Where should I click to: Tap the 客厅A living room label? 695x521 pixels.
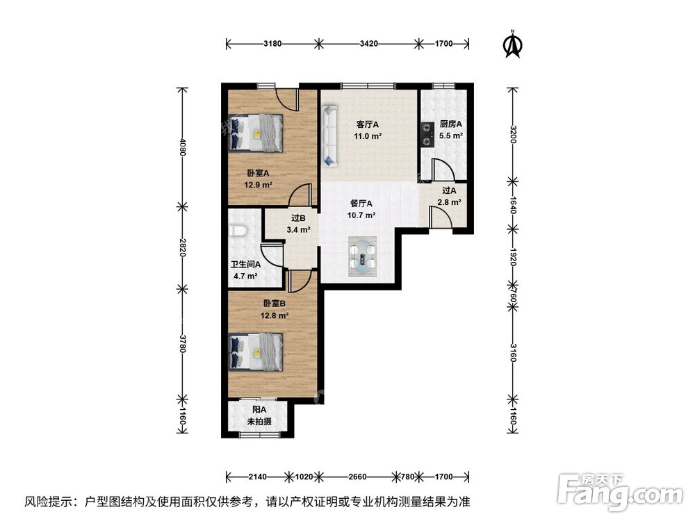368,124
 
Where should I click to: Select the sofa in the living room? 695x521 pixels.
329,135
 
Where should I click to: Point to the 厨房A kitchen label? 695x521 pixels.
451,124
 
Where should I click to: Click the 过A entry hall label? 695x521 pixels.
448,190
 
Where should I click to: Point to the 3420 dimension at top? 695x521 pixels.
368,44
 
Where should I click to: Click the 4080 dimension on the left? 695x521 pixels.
183,147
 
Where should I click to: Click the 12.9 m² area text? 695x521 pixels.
257,185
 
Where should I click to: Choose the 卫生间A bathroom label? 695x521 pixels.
245,264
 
